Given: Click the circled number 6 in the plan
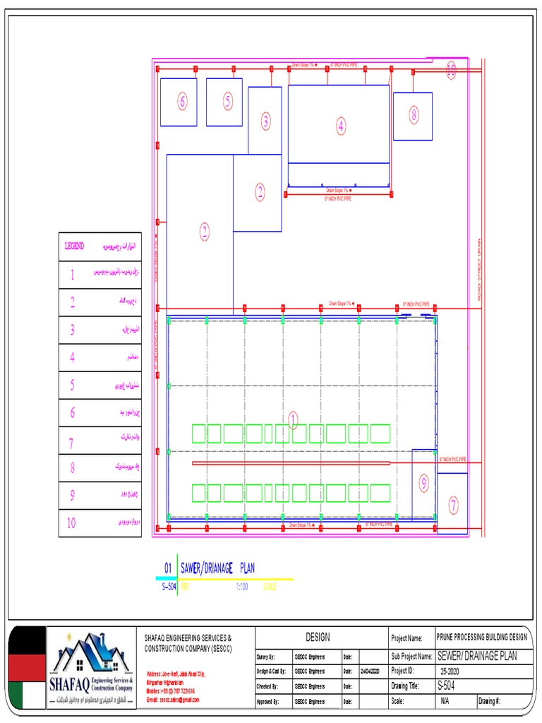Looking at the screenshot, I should (183, 102).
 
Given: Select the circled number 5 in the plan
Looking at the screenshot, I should (228, 102).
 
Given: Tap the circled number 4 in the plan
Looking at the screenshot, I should (341, 126).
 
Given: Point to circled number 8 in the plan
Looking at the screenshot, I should (414, 114).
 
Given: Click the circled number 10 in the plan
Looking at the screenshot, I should (451, 68).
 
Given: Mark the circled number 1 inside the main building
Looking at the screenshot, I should (293, 421).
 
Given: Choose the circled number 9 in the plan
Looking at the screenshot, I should (423, 484).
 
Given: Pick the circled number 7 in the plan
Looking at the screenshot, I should (452, 505).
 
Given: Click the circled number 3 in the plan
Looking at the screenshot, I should (265, 121).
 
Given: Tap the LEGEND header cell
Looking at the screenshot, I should (74, 246).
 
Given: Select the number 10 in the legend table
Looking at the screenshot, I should (71, 522).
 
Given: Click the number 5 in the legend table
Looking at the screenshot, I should (71, 385).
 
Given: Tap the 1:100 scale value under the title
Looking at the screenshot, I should (241, 586).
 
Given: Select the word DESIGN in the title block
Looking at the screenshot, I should (318, 637).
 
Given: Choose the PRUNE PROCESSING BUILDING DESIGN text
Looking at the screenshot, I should (481, 637).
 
